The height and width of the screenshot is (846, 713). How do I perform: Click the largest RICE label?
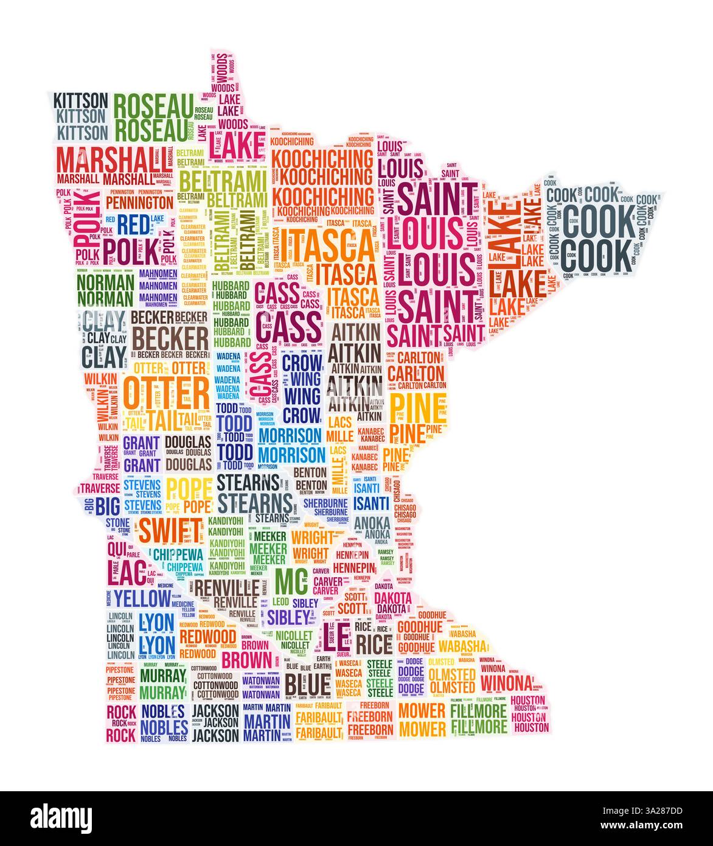click(x=374, y=644)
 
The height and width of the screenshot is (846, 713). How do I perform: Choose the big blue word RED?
click(x=132, y=225)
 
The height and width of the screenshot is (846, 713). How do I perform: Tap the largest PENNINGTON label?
click(x=139, y=201)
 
